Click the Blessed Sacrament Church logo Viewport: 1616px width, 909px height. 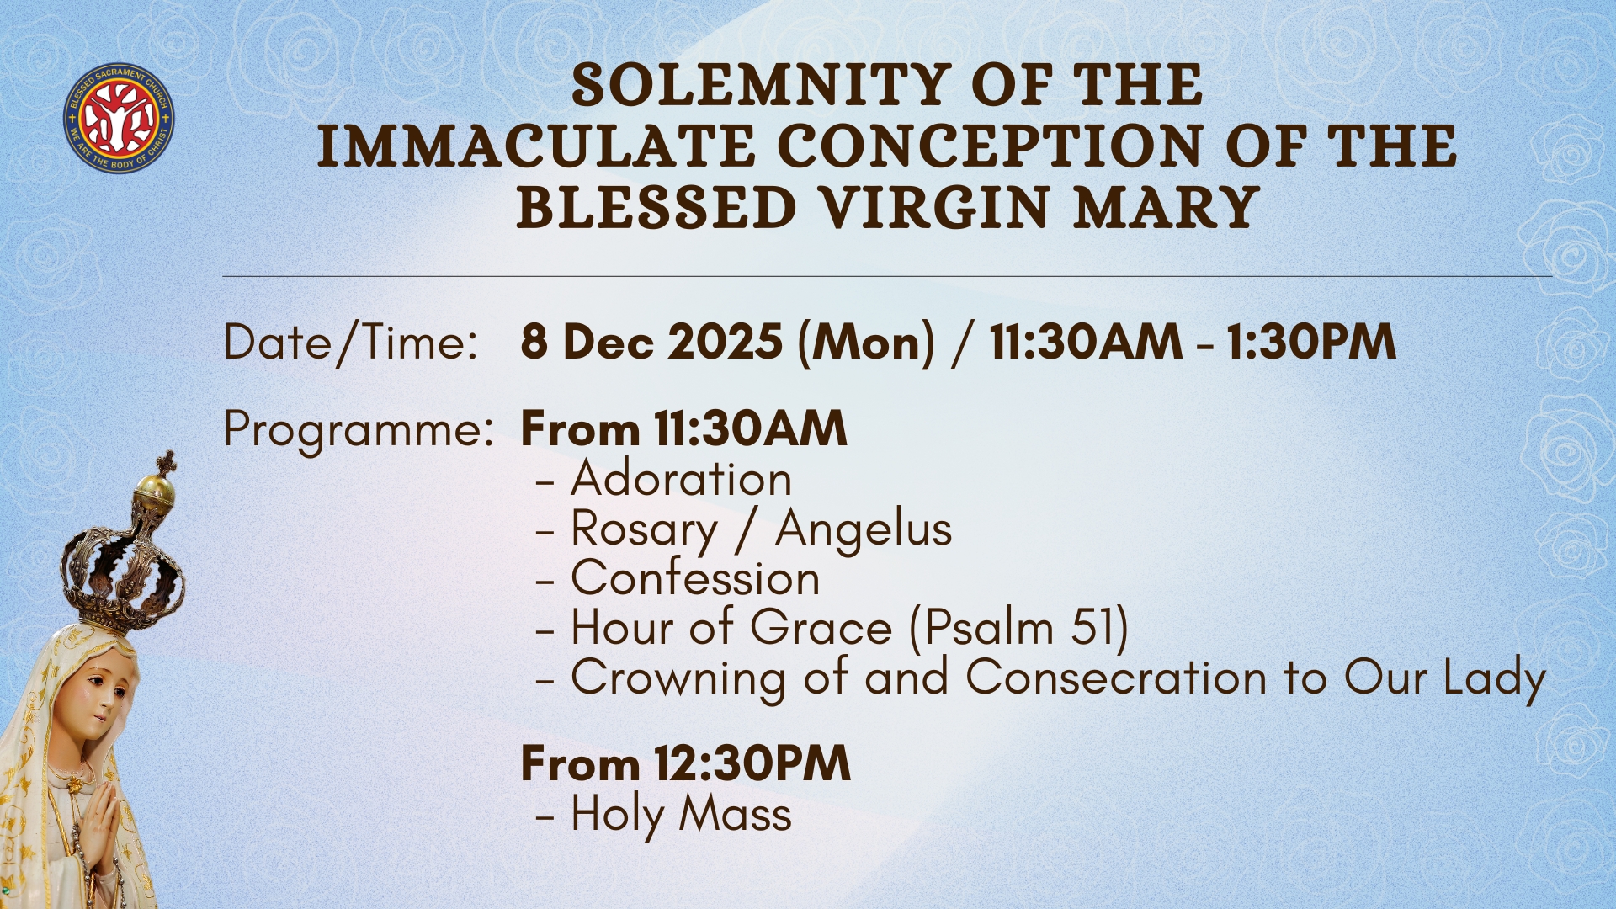click(119, 117)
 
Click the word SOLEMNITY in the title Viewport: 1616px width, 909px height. click(761, 86)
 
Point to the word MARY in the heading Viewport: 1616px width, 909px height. click(1167, 208)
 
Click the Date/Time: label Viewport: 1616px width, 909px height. click(350, 343)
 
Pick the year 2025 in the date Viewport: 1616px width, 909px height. click(726, 343)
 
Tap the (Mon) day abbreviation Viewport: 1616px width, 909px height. click(866, 343)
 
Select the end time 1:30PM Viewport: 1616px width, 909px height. click(1310, 343)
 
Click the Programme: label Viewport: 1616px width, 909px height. click(359, 431)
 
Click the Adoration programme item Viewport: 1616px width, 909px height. click(681, 478)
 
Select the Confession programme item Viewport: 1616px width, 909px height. click(695, 577)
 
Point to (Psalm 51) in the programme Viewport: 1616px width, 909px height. click(1018, 629)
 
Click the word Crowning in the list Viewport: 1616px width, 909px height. click(678, 679)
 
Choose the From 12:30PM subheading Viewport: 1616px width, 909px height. click(685, 763)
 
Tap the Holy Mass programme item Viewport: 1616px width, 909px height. click(681, 816)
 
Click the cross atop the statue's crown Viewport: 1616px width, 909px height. click(167, 462)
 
